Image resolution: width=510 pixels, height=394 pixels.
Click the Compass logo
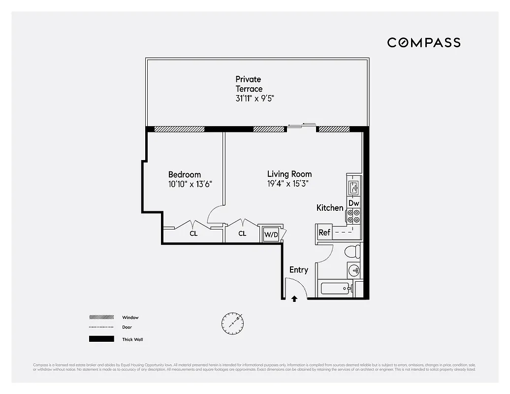click(423, 42)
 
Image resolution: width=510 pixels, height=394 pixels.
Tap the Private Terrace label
click(249, 84)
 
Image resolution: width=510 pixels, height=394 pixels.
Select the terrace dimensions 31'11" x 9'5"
click(255, 98)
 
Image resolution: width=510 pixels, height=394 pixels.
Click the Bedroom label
click(185, 174)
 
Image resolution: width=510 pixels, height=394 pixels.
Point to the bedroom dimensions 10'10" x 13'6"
click(190, 184)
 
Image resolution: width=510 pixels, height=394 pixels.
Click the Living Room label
click(289, 174)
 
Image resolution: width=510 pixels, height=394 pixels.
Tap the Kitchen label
click(330, 208)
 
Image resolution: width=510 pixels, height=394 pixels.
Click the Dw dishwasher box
click(354, 203)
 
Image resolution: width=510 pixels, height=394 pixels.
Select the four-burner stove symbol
click(354, 216)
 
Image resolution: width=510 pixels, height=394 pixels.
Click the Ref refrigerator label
click(324, 232)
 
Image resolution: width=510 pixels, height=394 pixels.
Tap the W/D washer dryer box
click(271, 234)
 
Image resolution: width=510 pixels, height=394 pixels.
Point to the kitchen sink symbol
click(354, 187)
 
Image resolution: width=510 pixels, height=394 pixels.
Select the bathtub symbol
click(336, 289)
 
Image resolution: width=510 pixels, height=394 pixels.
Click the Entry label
click(299, 270)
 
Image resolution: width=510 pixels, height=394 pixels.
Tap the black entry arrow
click(294, 298)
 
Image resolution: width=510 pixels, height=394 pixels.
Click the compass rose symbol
click(232, 322)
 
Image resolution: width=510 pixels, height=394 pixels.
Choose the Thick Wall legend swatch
click(101, 339)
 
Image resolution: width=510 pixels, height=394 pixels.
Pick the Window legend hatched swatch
click(101, 318)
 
